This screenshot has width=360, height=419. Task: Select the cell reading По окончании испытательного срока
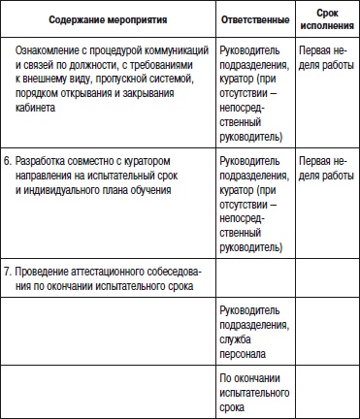256,392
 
